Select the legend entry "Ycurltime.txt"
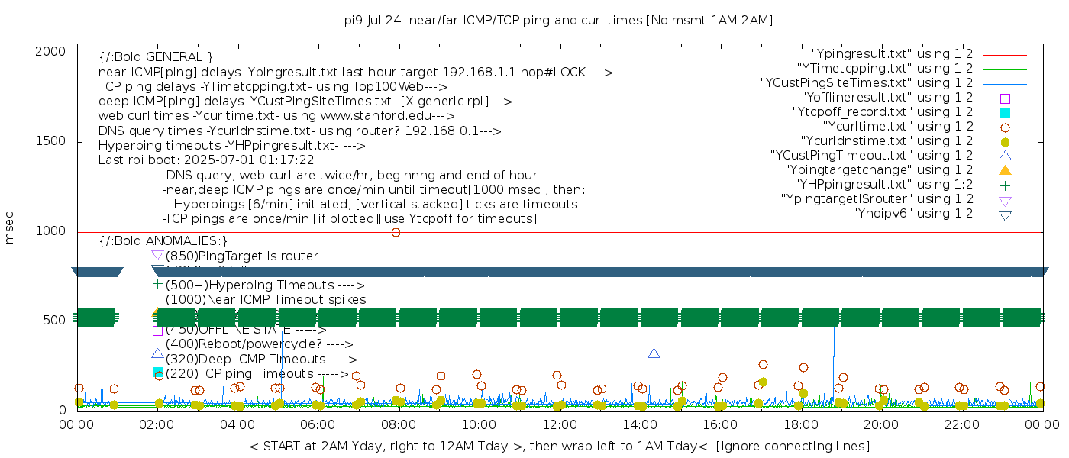[x=897, y=126]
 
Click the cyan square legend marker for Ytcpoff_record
[x=1005, y=112]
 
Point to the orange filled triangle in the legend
[x=1005, y=169]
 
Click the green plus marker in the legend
[x=1005, y=184]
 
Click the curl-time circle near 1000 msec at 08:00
[x=396, y=232]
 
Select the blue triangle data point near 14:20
[x=654, y=353]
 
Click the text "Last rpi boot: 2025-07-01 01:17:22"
[x=206, y=160]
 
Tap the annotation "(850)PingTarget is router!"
[x=244, y=256]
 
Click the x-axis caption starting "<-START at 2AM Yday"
[x=559, y=446]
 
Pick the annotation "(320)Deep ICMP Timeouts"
[x=260, y=359]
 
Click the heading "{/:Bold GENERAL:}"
[x=156, y=57]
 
